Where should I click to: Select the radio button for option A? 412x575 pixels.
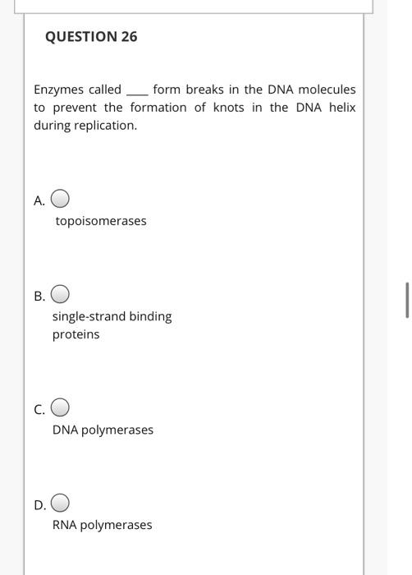[x=61, y=200]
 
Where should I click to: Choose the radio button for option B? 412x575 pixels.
[x=61, y=295]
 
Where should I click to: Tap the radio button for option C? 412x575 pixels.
[x=61, y=407]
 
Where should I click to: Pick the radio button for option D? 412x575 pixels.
[x=61, y=503]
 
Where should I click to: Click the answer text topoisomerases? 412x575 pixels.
[x=101, y=221]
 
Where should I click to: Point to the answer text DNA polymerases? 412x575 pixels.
[x=103, y=430]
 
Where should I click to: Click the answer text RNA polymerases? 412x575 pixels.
[x=102, y=525]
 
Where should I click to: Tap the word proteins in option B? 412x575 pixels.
[x=76, y=334]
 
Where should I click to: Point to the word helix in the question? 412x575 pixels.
[x=341, y=108]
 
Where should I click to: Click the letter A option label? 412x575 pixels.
[x=39, y=200]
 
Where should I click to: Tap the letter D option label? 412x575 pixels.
[x=39, y=504]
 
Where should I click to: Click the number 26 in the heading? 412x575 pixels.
[x=128, y=37]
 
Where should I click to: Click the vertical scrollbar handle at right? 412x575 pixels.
[x=407, y=300]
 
